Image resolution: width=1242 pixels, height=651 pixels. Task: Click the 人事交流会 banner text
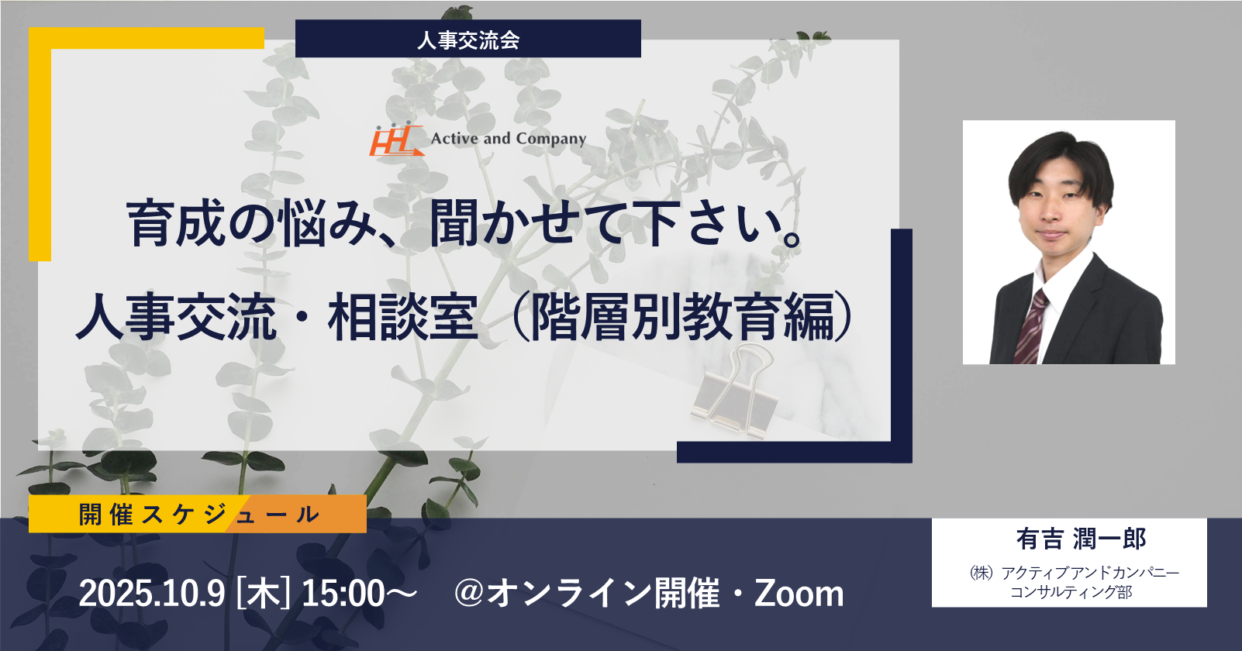[x=468, y=40]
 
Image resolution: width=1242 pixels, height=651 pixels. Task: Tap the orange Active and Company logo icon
[x=396, y=139]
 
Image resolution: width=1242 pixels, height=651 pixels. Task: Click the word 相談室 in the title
[x=402, y=318]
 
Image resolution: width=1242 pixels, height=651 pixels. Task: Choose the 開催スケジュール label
[x=199, y=515]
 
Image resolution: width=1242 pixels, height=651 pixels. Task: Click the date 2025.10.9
[x=151, y=594]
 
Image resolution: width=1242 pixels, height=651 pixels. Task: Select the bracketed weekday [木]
[x=263, y=594]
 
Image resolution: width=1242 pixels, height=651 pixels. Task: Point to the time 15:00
[x=343, y=594]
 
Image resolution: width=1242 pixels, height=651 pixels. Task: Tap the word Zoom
[x=799, y=594]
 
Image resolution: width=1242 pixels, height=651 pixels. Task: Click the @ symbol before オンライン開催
[x=469, y=594]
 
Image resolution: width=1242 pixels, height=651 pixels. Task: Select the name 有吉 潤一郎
[x=1081, y=539]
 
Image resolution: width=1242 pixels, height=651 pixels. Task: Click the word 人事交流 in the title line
[x=176, y=318]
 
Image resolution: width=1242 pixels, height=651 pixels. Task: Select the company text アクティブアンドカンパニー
[x=1090, y=572]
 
